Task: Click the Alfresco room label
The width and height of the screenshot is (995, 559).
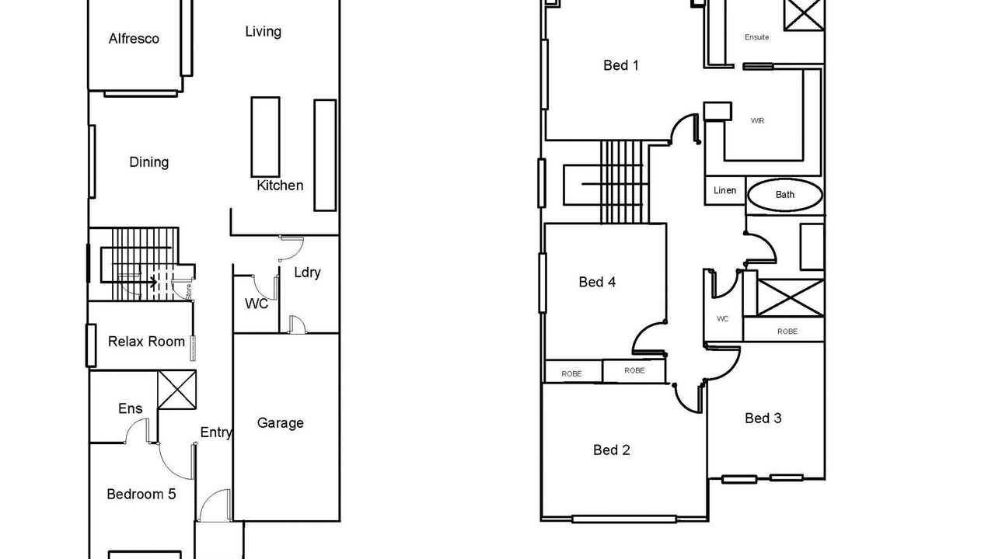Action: (134, 39)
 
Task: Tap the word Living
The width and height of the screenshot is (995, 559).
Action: (263, 32)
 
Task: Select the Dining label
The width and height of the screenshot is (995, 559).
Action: (148, 162)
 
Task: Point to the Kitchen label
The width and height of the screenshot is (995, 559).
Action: (280, 186)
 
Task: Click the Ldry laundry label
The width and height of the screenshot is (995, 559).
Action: (307, 273)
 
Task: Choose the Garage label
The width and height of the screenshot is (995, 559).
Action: (281, 423)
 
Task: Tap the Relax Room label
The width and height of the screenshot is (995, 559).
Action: (146, 342)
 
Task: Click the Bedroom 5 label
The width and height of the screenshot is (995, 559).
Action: (141, 495)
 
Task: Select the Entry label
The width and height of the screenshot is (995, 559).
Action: (216, 432)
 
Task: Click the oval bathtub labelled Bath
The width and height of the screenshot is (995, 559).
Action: (785, 195)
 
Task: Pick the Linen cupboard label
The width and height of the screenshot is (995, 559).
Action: (725, 190)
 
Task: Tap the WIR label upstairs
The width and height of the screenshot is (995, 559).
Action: (757, 120)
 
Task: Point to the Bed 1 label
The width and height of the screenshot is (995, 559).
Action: (621, 66)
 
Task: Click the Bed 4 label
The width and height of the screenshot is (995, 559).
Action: (597, 282)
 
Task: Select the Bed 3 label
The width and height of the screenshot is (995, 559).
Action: (763, 418)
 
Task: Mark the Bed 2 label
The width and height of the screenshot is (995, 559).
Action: (612, 450)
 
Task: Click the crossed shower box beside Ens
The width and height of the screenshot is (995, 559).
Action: (176, 390)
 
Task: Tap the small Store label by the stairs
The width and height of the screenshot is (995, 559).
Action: (189, 292)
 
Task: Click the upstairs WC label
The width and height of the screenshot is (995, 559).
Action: (723, 319)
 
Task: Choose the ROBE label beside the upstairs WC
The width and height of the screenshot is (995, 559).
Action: (787, 332)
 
